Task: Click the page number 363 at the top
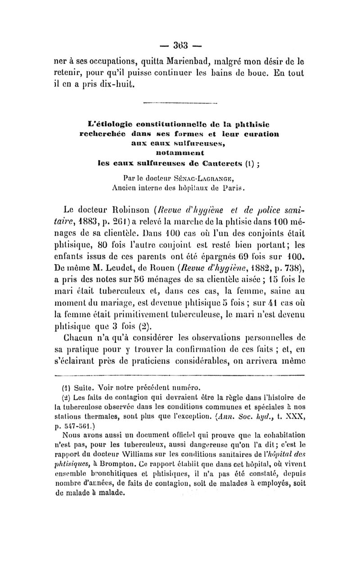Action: (180, 45)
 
